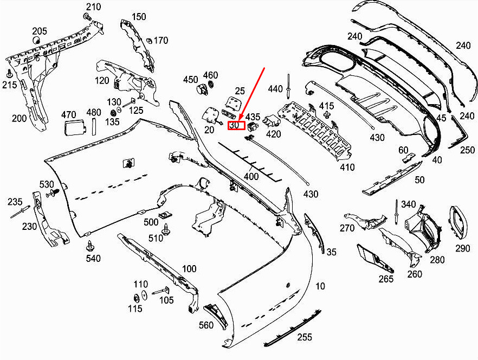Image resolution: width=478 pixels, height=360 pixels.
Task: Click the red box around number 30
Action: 236,125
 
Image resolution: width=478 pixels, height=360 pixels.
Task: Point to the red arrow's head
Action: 238,120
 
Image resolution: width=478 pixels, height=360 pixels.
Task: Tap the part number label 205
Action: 40,31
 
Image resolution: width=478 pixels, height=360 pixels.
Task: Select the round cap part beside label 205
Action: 37,40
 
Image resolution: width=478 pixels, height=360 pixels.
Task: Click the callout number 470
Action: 69,115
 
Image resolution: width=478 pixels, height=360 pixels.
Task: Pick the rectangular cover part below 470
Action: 73,127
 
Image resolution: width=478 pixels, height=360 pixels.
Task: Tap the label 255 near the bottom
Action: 305,337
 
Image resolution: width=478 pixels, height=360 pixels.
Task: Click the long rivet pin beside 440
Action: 288,86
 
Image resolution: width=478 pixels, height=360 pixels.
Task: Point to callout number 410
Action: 347,167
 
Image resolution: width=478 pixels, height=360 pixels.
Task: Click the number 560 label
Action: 206,325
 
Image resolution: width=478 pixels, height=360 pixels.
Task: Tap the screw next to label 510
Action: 166,229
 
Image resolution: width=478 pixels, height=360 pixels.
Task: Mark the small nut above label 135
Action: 113,113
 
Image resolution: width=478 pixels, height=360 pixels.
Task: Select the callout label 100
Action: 189,269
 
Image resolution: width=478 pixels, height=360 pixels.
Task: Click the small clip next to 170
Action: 149,40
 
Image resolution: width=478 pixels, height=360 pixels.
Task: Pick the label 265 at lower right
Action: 386,279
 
